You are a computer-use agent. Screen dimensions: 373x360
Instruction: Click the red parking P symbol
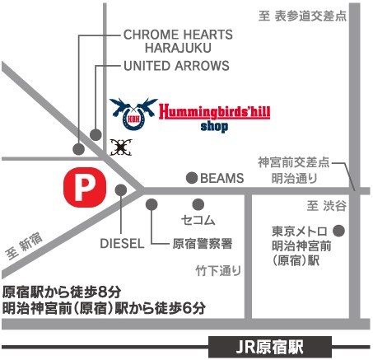coord(85,187)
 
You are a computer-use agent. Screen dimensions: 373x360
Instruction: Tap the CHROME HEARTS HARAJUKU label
coord(178,41)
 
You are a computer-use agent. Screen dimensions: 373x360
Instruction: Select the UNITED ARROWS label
coord(176,66)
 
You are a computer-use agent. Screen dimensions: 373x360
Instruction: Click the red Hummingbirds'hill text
coord(215,111)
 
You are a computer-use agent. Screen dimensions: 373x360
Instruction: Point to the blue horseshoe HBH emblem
coord(133,113)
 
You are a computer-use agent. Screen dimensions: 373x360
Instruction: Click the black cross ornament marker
coord(121,147)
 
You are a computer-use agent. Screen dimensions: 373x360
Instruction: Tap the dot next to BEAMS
coord(192,178)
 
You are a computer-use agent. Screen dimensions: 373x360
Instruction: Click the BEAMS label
coord(222,178)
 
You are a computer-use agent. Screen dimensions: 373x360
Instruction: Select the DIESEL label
coord(122,244)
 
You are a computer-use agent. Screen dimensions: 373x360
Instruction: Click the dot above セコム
coord(198,204)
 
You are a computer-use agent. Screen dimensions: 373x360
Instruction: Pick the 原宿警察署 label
coord(203,244)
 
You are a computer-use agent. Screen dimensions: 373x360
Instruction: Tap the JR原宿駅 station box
coord(270,347)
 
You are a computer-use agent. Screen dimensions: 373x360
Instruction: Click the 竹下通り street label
coord(218,271)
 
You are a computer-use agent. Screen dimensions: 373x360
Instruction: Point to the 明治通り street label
coord(295,178)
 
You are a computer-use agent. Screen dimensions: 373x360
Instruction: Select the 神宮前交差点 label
coord(294,162)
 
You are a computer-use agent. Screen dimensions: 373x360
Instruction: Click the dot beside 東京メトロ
coord(338,231)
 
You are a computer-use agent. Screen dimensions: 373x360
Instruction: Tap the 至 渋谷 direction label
coord(327,205)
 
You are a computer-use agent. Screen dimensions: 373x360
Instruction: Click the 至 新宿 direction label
coord(25,245)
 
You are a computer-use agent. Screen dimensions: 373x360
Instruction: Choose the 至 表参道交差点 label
coord(302,16)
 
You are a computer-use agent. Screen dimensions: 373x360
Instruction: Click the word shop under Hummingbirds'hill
coord(214,127)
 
